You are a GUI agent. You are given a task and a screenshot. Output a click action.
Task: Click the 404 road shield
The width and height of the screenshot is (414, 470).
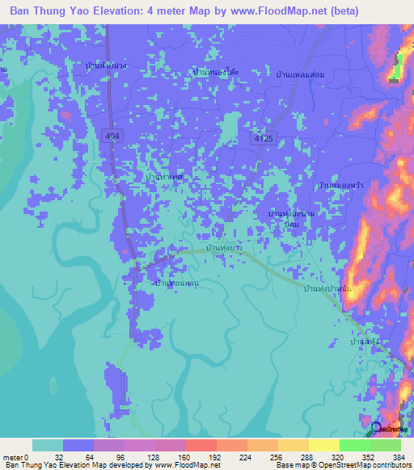point(112,138)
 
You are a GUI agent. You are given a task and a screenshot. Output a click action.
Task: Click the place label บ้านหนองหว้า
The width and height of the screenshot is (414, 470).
point(340,186)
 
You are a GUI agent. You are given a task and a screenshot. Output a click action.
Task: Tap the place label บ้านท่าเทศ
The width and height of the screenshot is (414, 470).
point(163,175)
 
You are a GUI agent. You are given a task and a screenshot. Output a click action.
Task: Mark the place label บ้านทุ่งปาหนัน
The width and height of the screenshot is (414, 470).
point(327,287)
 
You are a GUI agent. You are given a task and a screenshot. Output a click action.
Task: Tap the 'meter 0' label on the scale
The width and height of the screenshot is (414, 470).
point(15,456)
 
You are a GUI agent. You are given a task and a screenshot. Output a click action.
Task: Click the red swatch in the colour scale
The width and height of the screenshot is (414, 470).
point(201,445)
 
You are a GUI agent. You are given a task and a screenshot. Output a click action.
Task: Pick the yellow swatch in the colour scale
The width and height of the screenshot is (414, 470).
point(323,445)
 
